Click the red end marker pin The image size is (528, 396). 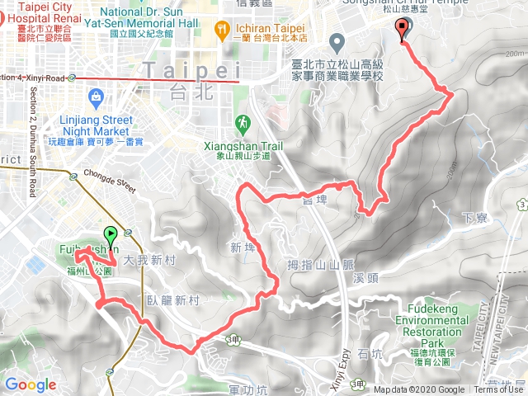403,31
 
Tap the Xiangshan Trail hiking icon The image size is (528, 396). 242,124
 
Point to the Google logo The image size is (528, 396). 31,384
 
